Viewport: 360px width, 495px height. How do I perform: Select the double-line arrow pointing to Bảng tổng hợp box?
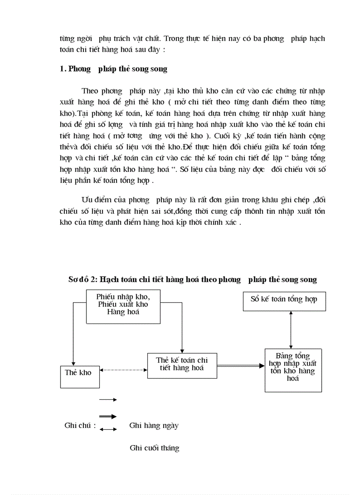pyautogui.click(x=240, y=365)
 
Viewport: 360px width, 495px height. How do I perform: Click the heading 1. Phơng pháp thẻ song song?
pyautogui.click(x=113, y=69)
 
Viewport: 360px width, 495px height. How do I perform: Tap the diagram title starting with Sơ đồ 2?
pyautogui.click(x=192, y=279)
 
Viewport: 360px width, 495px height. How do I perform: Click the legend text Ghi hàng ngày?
pyautogui.click(x=154, y=425)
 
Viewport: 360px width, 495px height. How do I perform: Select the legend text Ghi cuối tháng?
pyautogui.click(x=154, y=448)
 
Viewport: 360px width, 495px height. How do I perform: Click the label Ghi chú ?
pyautogui.click(x=80, y=425)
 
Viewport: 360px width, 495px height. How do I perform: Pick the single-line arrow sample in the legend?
pyautogui.click(x=108, y=399)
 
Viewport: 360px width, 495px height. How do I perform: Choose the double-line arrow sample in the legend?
pyautogui.click(x=108, y=416)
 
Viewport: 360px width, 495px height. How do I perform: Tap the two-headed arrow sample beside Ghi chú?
pyautogui.click(x=108, y=428)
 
